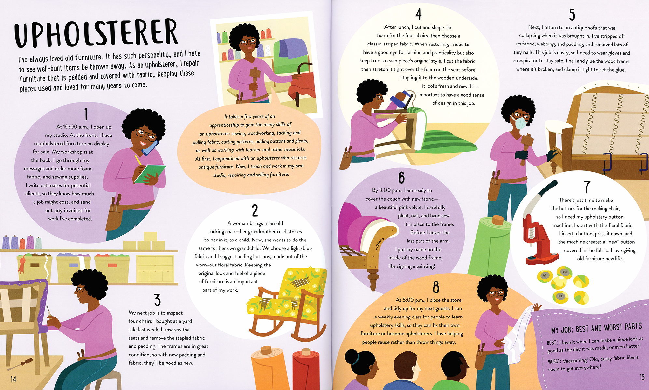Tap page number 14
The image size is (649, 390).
click(x=13, y=379)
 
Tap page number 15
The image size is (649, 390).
click(x=642, y=377)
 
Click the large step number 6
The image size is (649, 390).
click(x=402, y=178)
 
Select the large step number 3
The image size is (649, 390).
click(x=158, y=300)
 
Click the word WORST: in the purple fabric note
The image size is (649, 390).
click(x=554, y=361)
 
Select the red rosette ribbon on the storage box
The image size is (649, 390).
click(x=22, y=263)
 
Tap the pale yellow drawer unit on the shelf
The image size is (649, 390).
click(x=155, y=268)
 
